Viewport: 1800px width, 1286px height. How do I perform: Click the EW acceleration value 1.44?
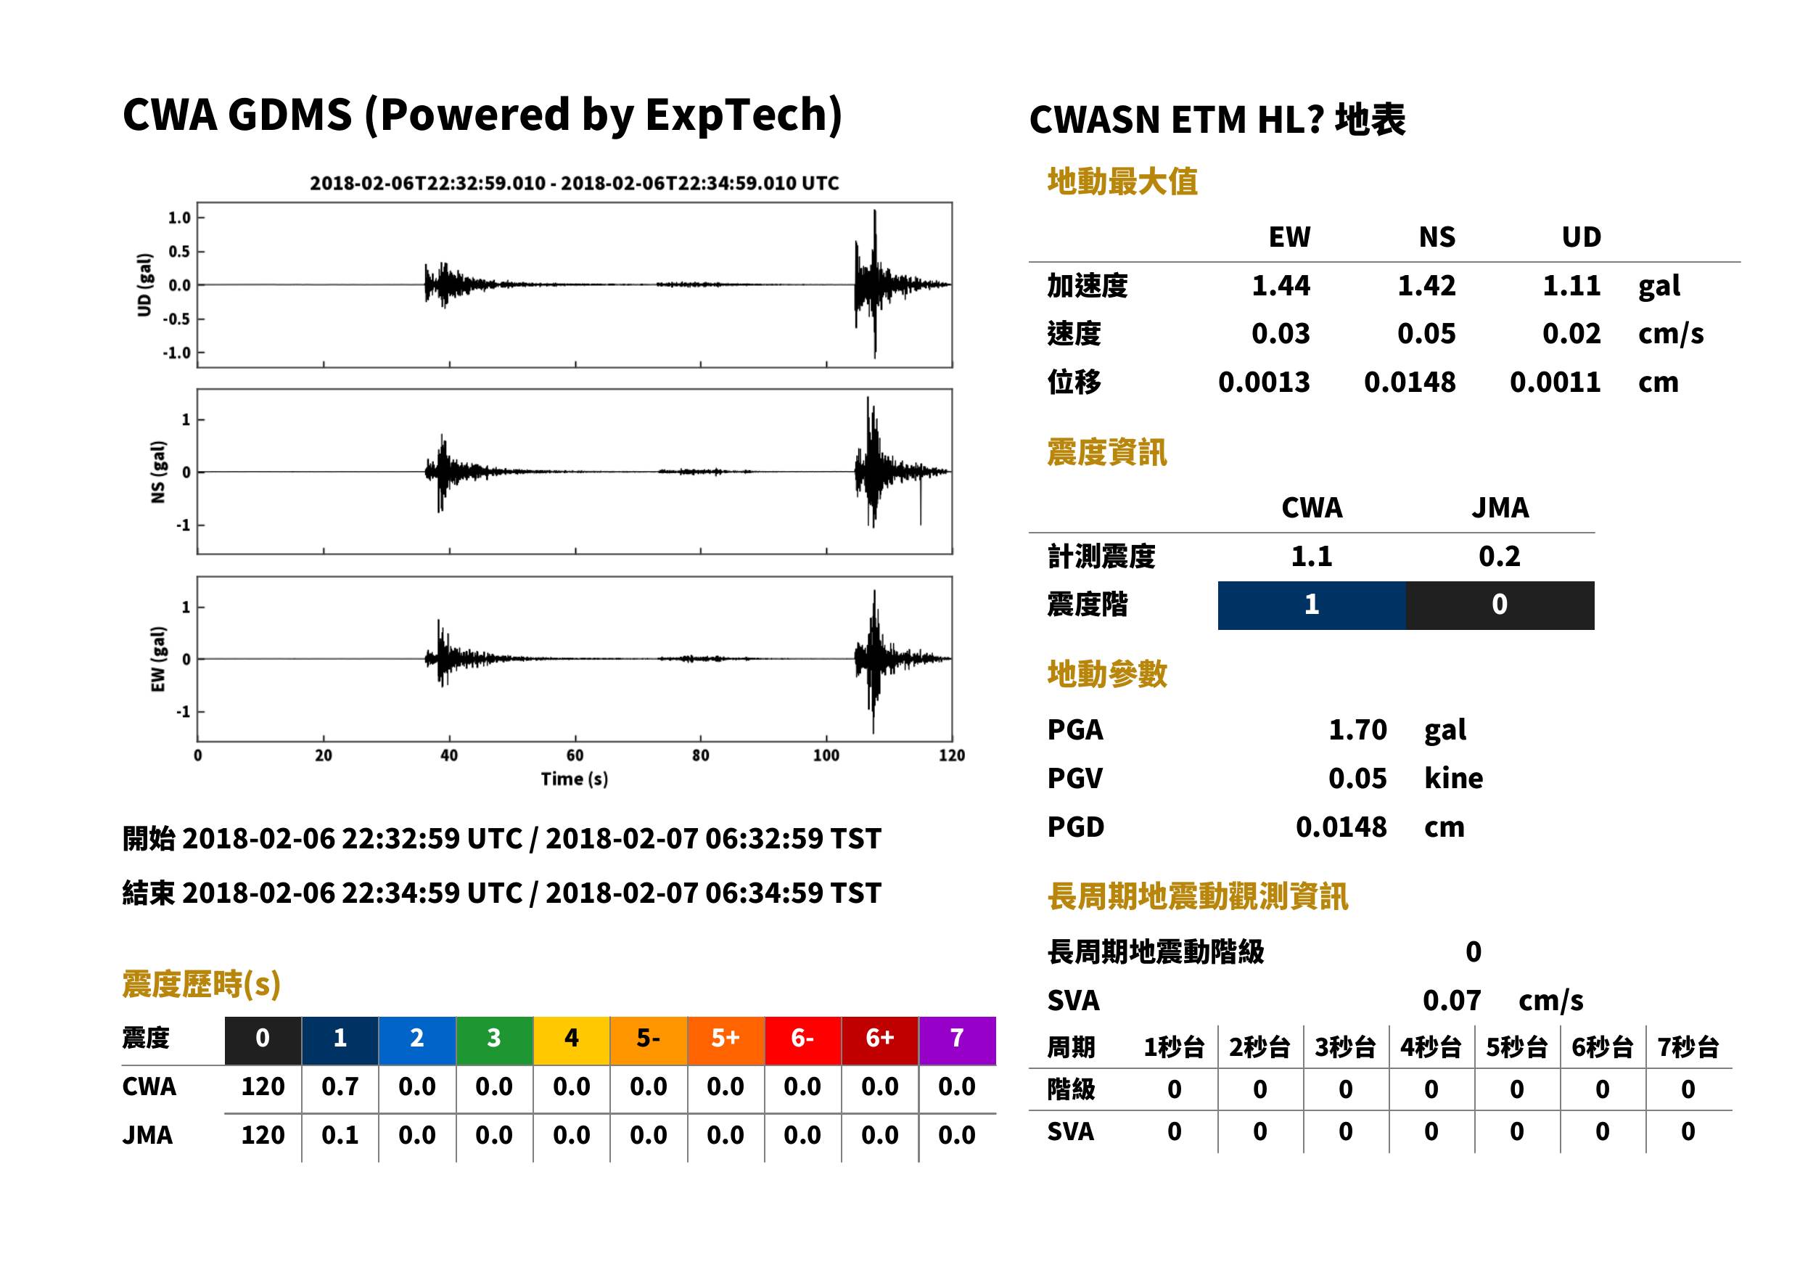1280,285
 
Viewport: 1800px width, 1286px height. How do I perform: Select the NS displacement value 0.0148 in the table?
1409,382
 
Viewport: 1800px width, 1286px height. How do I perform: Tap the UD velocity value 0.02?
1571,333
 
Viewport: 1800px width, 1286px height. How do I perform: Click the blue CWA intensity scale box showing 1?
1312,605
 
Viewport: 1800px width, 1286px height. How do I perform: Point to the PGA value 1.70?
1357,729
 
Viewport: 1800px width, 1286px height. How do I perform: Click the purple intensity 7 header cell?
957,1040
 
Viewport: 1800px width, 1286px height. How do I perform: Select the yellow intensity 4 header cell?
572,1040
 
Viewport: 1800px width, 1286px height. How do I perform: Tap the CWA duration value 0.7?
340,1086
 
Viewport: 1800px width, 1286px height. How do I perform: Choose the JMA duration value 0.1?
340,1135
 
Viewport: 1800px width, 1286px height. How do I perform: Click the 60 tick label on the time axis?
575,755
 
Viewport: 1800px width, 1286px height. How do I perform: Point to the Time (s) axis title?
575,779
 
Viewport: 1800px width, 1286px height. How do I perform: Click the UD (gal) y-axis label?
144,285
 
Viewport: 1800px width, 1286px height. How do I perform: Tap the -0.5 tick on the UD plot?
178,319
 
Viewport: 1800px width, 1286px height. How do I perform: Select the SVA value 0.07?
1452,1000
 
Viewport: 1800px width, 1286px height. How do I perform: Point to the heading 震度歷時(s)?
202,983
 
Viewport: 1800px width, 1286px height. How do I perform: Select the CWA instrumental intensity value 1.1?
1312,556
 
